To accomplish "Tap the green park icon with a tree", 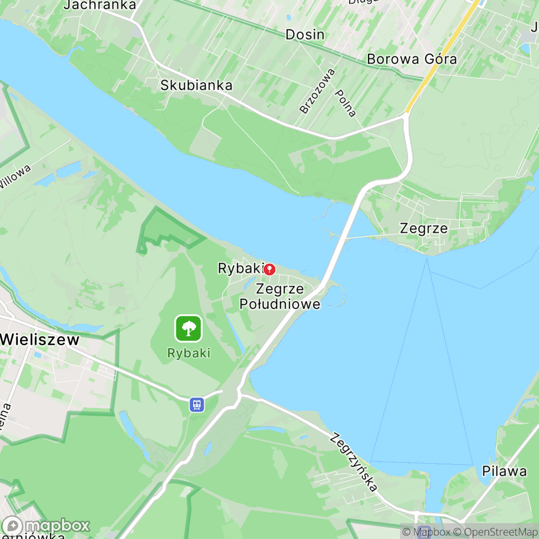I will (x=188, y=328).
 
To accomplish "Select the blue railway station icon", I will (x=197, y=404).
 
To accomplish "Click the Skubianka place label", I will (x=196, y=85).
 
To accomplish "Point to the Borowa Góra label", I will (x=412, y=59).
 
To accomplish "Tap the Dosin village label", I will (x=305, y=35).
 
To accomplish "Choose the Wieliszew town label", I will (x=41, y=340).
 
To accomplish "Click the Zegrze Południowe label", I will (x=280, y=296).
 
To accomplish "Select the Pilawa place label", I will (x=504, y=471).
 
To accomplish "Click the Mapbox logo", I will (x=46, y=525).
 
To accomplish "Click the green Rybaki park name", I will (x=188, y=353).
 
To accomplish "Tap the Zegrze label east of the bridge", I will (x=424, y=228).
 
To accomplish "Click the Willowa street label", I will (x=15, y=176).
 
